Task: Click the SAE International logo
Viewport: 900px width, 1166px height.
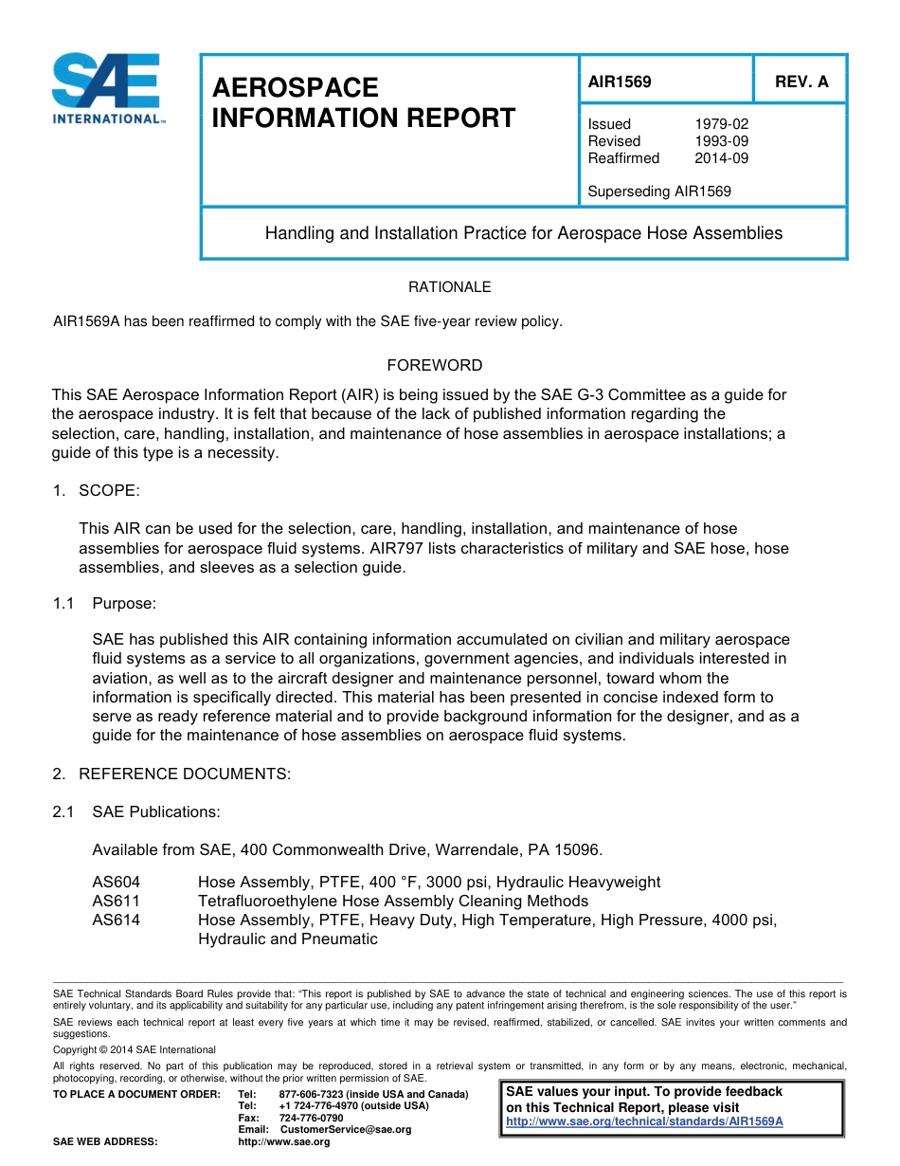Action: pos(107,89)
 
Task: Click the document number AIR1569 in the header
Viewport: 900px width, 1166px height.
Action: pos(620,82)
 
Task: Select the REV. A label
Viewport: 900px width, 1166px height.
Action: pos(801,82)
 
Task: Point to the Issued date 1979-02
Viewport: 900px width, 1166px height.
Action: pos(721,124)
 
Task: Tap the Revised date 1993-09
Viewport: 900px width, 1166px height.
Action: pos(721,141)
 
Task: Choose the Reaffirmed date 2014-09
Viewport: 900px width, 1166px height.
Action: pos(721,158)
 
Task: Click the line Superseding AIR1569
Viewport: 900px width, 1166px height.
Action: pos(659,191)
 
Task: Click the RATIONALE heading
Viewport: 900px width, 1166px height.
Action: pos(449,287)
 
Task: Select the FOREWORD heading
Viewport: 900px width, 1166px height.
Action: pos(435,365)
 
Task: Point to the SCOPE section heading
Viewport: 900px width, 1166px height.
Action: pos(108,490)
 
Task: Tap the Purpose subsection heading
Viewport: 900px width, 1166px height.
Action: pos(123,604)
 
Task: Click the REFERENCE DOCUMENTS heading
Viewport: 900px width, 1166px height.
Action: pos(184,774)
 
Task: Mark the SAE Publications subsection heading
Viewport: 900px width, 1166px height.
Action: pos(155,812)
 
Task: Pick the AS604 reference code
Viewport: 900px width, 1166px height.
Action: pos(116,883)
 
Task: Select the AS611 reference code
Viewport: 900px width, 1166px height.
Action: pos(116,902)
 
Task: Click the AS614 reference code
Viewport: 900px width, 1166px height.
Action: pos(116,920)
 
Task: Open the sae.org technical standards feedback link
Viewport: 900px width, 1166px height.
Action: pos(644,1120)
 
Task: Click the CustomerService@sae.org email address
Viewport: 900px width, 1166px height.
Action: pos(346,1130)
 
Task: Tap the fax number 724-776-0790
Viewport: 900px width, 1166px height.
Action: pos(311,1118)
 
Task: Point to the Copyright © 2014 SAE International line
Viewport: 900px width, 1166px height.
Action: pos(135,1049)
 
